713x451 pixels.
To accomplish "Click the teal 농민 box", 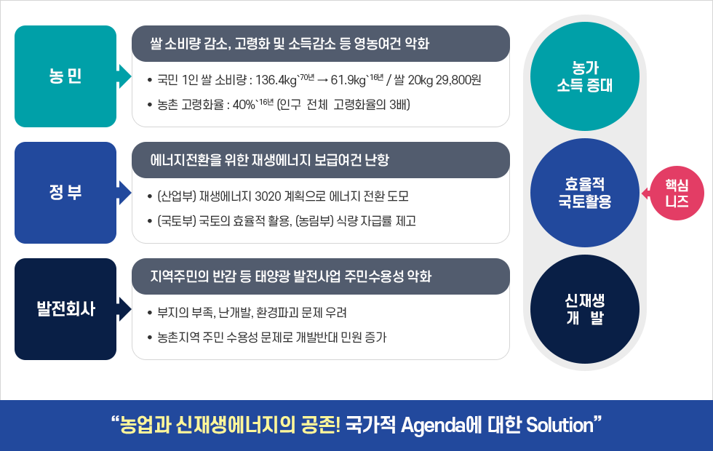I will (65, 76).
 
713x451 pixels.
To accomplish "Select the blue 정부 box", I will (65, 193).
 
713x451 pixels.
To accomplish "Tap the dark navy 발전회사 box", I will (65, 309).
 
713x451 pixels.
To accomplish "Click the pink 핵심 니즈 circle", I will (677, 193).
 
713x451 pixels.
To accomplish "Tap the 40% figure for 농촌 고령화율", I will (241, 105).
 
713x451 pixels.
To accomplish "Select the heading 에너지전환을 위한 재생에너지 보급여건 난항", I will (269, 160).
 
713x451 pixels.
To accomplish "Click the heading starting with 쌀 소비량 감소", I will (289, 44).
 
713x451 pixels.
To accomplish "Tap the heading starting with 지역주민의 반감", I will (291, 276).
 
